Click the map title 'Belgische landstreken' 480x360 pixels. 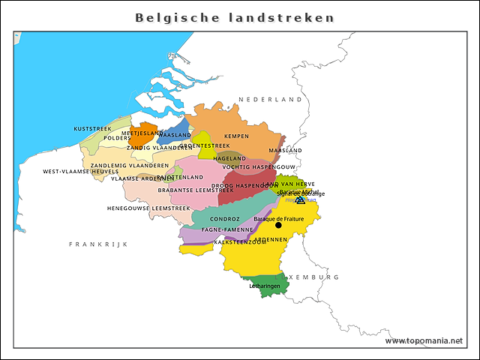point(235,17)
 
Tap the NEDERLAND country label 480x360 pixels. point(269,99)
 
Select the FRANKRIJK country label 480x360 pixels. point(99,244)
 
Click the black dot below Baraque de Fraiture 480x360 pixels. point(278,225)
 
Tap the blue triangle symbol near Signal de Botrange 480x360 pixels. point(300,199)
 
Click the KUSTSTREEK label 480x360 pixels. point(92,129)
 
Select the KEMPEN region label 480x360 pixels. point(236,136)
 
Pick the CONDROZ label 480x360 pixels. point(225,219)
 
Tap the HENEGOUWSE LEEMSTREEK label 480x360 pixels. point(148,208)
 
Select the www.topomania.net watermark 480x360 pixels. point(424,340)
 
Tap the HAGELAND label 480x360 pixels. point(229,159)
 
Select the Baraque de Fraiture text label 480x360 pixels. point(279,218)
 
